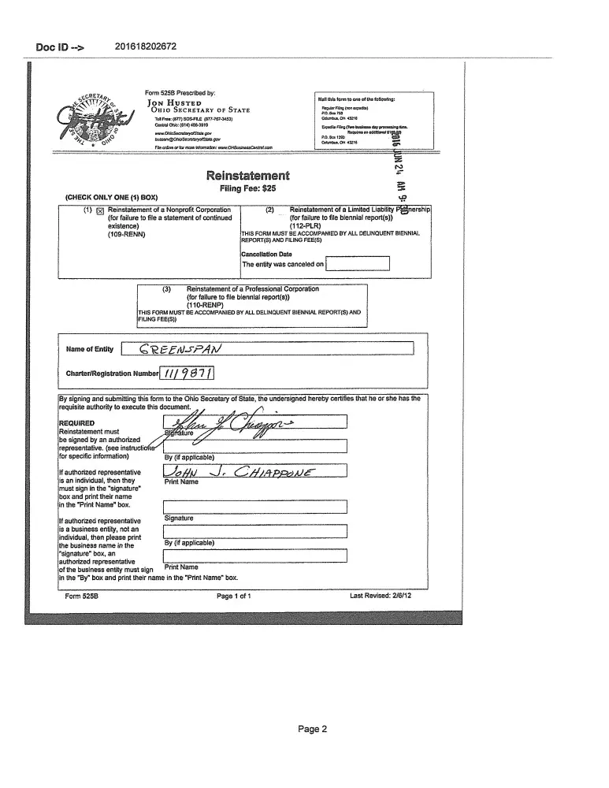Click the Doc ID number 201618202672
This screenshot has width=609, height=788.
tap(146, 46)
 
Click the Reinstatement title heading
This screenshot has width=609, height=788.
tap(248, 176)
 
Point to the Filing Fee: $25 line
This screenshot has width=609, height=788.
tap(248, 189)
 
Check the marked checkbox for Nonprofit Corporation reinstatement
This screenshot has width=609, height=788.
tap(100, 211)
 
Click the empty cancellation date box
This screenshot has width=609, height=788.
tap(358, 264)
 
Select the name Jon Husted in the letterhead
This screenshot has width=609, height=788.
tap(174, 102)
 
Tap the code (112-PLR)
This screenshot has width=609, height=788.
tap(306, 225)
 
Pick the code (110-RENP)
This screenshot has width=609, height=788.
tap(206, 305)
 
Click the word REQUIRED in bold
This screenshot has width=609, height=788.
tap(76, 423)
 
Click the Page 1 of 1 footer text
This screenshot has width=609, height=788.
tap(234, 596)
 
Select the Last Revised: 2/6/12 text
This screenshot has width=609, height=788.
tap(385, 596)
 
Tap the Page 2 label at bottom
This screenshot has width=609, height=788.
tap(312, 729)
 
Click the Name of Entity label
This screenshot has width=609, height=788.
tap(90, 349)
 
